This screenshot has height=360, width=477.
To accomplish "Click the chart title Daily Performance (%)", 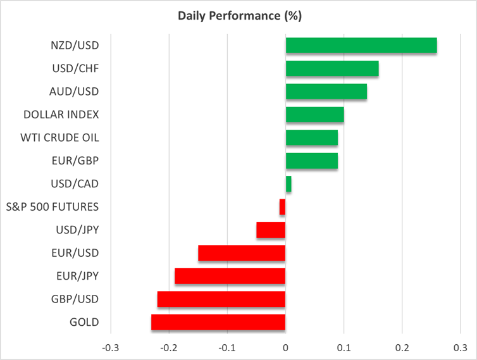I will pos(238,16).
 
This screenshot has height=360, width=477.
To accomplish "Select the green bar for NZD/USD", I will pos(361,46).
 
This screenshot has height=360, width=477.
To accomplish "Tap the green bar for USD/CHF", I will pos(332,68).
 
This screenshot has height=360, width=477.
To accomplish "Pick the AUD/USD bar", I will pos(326,92).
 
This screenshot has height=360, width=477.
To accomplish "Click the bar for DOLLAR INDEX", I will pos(315,115).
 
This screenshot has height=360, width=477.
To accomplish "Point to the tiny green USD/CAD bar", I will pos(288,184).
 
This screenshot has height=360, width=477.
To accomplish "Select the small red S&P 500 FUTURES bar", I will pos(283,207).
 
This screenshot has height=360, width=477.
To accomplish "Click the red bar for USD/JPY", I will pos(271,230).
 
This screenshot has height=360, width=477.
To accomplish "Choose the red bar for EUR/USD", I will pos(242,253).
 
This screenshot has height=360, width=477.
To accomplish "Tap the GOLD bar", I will pos(218,322).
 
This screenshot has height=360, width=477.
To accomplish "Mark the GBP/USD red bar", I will pos(221,299).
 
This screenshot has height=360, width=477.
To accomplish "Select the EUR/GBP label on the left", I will pos(76,161).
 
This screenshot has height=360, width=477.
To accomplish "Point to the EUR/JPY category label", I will pos(77,276).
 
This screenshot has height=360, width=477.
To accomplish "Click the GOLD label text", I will pos(84,322).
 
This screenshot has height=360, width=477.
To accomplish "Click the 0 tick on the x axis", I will pos(286,347).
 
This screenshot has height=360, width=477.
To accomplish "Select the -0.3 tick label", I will pos(111,347).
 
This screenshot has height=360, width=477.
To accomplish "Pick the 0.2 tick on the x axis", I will pos(402,347).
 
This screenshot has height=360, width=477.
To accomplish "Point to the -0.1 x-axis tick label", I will pos(227,347).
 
